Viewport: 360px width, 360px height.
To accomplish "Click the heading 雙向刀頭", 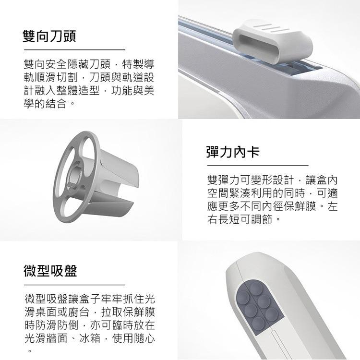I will pos(50,36).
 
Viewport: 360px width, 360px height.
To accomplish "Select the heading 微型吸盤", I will pos(50,271).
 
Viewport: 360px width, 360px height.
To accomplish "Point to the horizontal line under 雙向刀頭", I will pos(74,49).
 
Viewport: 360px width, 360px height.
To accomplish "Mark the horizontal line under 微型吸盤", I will pos(74,285).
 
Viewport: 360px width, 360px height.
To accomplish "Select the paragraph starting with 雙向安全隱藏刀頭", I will pos(89,84).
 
